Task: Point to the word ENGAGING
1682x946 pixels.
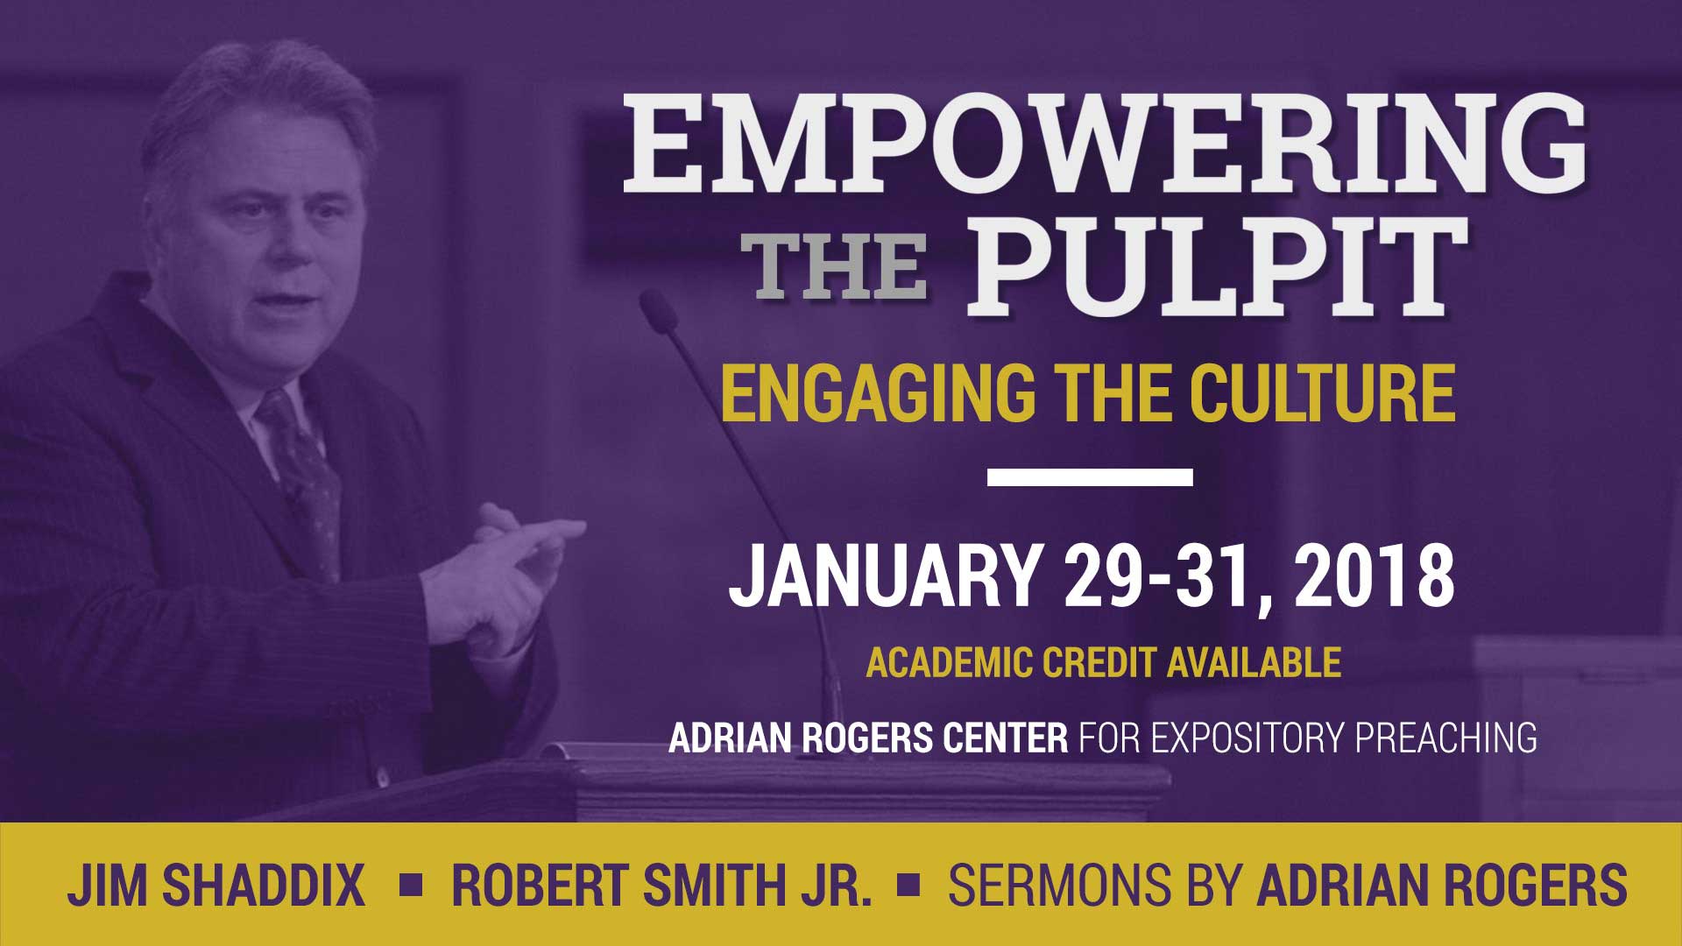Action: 877,395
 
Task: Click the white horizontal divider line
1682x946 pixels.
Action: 1090,477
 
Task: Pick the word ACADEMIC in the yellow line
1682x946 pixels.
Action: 951,663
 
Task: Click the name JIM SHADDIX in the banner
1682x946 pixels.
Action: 216,885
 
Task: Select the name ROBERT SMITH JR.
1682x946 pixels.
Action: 662,885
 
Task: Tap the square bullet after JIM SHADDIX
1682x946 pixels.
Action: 410,886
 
